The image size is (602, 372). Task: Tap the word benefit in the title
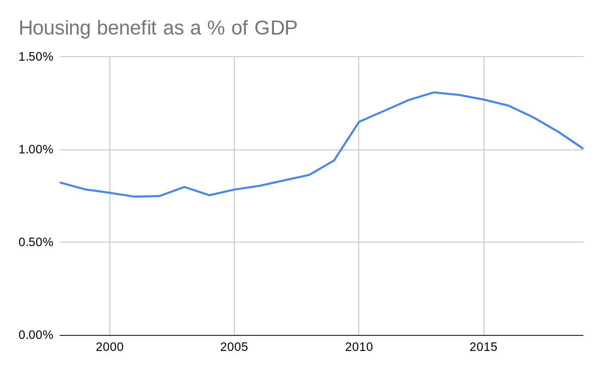127,28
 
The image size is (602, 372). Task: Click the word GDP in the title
275,28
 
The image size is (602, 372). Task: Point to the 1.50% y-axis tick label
36,57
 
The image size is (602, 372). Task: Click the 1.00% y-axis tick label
36,149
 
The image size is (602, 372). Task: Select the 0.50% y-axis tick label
36,242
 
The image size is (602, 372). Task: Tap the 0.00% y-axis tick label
36,335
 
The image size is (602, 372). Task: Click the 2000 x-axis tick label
110,347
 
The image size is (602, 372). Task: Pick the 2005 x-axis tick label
234,347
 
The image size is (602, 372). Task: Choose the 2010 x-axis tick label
359,347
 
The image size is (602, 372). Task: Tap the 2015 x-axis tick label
484,347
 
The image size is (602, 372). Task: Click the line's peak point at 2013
434,92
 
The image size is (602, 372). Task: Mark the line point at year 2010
359,122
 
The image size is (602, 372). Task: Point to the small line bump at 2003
185,187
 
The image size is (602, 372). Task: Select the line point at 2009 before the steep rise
334,160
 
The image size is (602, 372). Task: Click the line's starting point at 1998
60,182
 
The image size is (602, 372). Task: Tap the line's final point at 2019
583,148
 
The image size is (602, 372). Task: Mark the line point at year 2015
484,99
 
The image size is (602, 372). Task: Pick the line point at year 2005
234,190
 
